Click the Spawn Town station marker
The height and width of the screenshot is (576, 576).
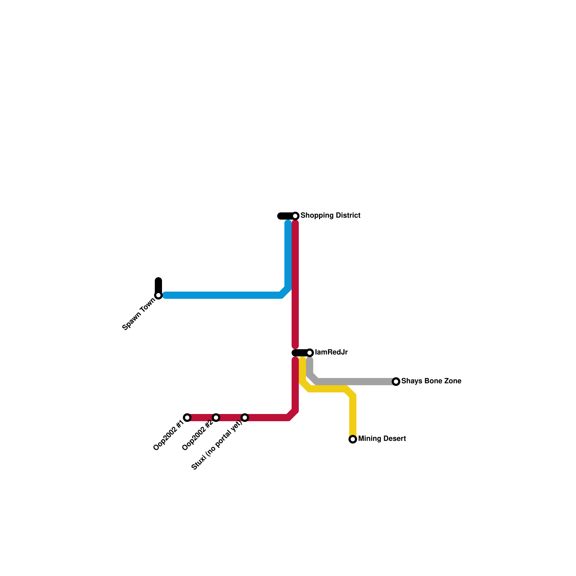pos(158,295)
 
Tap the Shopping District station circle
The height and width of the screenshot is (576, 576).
pos(295,216)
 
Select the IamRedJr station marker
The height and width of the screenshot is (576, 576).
pos(310,353)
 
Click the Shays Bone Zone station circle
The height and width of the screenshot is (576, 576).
pos(396,382)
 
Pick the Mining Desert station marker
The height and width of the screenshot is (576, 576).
pos(353,439)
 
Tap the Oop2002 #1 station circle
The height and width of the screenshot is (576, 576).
pos(187,418)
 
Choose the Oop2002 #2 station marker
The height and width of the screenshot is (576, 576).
pos(216,418)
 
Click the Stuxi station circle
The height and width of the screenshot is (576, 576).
pos(245,418)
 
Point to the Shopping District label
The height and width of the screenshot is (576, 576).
pos(330,216)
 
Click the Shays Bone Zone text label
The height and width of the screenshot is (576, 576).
pos(431,381)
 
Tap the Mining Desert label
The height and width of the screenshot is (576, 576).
pos(382,439)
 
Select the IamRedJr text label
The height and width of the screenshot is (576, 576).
pos(331,352)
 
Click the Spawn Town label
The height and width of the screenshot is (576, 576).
pos(139,314)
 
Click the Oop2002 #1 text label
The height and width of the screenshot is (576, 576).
pos(168,435)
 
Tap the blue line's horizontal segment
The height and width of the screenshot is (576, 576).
pos(223,295)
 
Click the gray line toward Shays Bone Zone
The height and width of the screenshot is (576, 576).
pos(356,382)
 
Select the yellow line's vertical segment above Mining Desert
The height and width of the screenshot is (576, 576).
pos(353,414)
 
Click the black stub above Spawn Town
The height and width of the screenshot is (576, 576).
pos(158,285)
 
